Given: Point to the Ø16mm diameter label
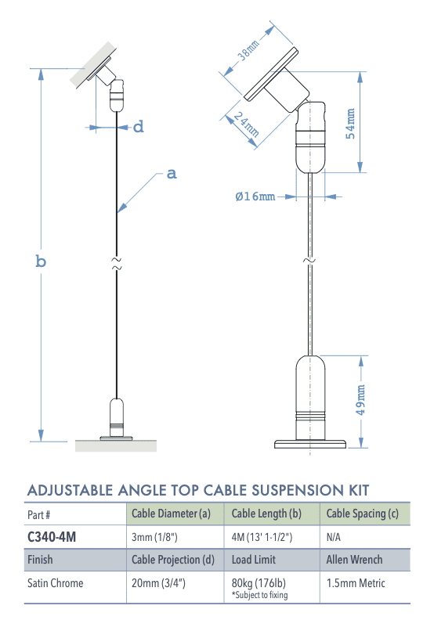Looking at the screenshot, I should (x=255, y=196).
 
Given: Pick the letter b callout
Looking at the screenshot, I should (x=41, y=261).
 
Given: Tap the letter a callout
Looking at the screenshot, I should (x=172, y=174).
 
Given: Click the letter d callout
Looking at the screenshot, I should (x=138, y=126).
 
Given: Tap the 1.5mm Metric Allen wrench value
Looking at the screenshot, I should (x=356, y=583).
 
